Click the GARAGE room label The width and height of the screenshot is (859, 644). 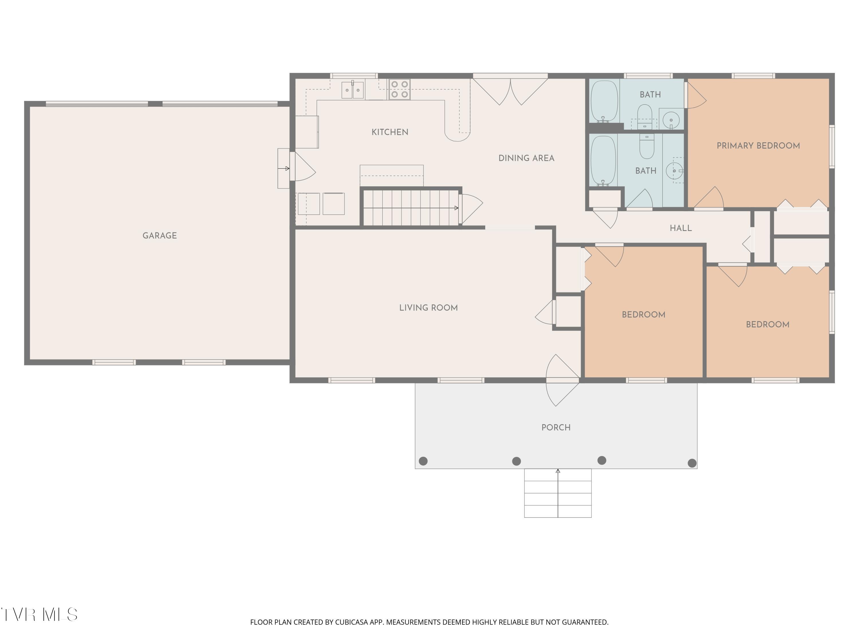click(159, 236)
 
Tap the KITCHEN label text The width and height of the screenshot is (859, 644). click(390, 132)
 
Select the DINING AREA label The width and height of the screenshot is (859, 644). click(526, 158)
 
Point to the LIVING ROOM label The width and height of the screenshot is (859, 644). click(428, 308)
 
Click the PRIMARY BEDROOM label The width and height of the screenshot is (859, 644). click(758, 146)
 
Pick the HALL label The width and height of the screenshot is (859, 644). click(681, 228)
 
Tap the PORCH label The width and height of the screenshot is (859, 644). click(556, 427)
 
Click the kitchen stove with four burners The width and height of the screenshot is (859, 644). click(400, 89)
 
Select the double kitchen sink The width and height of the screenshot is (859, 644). click(352, 90)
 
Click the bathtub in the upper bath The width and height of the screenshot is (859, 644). click(604, 101)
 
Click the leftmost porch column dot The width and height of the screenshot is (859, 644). click(423, 461)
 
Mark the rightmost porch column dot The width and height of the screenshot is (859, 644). click(692, 463)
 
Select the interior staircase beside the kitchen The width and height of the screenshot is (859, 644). click(411, 208)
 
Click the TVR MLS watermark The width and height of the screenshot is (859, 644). click(39, 615)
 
